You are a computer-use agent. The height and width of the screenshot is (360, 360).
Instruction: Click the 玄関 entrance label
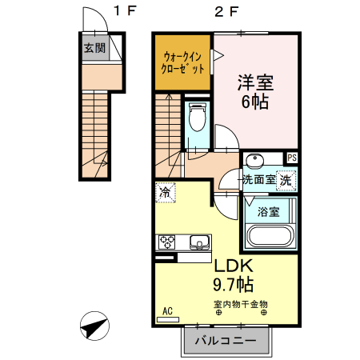(94, 48)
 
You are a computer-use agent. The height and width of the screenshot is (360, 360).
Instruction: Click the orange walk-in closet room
(184, 62)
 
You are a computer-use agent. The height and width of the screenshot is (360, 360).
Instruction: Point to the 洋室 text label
(255, 82)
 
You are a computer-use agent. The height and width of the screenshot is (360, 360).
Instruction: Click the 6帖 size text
(255, 102)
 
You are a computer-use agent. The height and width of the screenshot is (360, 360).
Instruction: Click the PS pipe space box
(292, 158)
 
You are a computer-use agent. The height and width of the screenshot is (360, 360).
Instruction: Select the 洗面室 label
(259, 180)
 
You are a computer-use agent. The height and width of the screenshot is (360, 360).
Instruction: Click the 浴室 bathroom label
(268, 212)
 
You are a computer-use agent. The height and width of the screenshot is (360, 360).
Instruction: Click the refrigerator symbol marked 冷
(166, 192)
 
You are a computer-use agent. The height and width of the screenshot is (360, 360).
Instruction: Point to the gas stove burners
(169, 241)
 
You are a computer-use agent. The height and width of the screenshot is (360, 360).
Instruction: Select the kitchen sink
(198, 241)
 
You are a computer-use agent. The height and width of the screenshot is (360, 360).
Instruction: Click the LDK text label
(233, 266)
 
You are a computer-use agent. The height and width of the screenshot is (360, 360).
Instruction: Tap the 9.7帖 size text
(233, 284)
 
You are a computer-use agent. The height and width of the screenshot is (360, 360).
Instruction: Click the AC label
(168, 311)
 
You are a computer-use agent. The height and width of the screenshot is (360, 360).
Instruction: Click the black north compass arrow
(95, 328)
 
